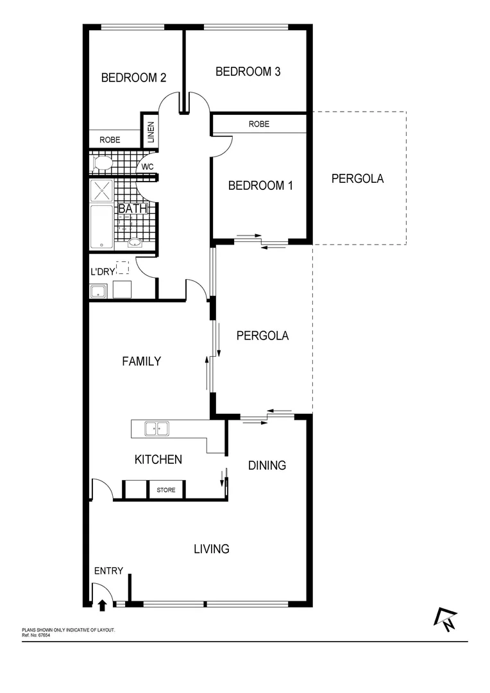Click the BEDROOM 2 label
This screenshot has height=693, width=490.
coord(134,78)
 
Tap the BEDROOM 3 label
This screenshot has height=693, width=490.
coord(248,71)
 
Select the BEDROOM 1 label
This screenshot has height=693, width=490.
coord(260,185)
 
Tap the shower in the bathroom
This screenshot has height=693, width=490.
coord(102,191)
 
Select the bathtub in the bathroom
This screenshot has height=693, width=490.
coord(101,227)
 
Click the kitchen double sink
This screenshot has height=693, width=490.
coord(156,428)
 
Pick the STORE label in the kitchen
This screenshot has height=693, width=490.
coord(166,490)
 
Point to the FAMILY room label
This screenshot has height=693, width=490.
coord(141,361)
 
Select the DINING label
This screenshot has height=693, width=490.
coord(267,465)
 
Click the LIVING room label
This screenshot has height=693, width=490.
coord(212,549)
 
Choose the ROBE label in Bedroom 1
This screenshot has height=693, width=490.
coord(259,124)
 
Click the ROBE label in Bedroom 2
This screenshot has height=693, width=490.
coord(110,139)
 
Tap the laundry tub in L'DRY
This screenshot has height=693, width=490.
coord(98,292)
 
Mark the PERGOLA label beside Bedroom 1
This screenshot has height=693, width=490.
coord(357,178)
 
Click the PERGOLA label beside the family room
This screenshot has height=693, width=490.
coord(262,335)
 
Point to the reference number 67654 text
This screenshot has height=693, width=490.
coord(37,635)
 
